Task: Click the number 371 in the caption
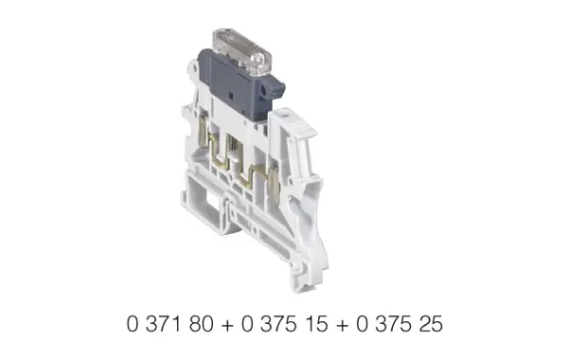[x=161, y=323]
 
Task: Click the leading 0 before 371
[x=131, y=323]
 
